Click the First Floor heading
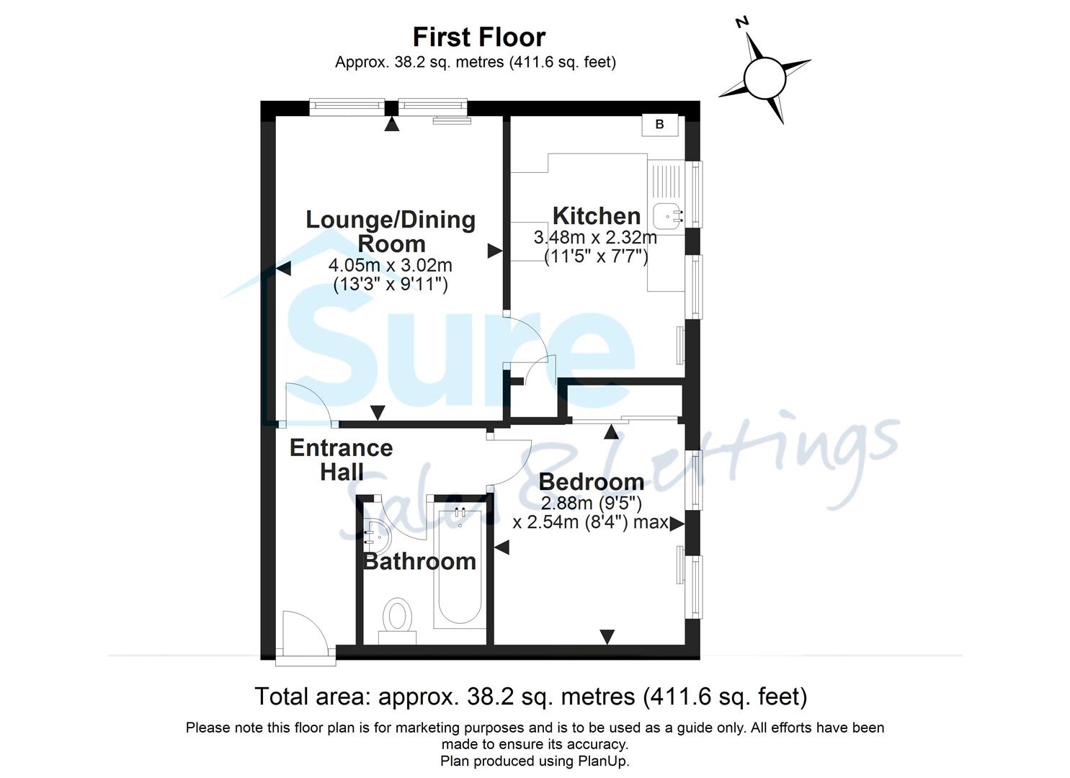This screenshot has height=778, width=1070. coord(479,37)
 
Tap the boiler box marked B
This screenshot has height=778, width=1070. coord(659,125)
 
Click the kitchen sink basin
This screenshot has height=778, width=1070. coord(668,215)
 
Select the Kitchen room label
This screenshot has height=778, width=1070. coord(596,215)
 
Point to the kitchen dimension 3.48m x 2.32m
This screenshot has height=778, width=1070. coord(595,237)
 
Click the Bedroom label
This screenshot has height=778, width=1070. coord(591,481)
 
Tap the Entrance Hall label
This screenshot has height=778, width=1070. coord(341,460)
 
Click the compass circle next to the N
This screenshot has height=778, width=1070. coord(764,78)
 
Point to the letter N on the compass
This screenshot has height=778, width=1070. coord(741,22)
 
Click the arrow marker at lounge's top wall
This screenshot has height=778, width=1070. coord(391,125)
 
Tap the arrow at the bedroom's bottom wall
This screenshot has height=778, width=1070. coord(607,636)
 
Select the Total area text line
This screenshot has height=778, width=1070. coord(531,697)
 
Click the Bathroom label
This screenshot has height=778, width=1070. coord(419,561)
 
